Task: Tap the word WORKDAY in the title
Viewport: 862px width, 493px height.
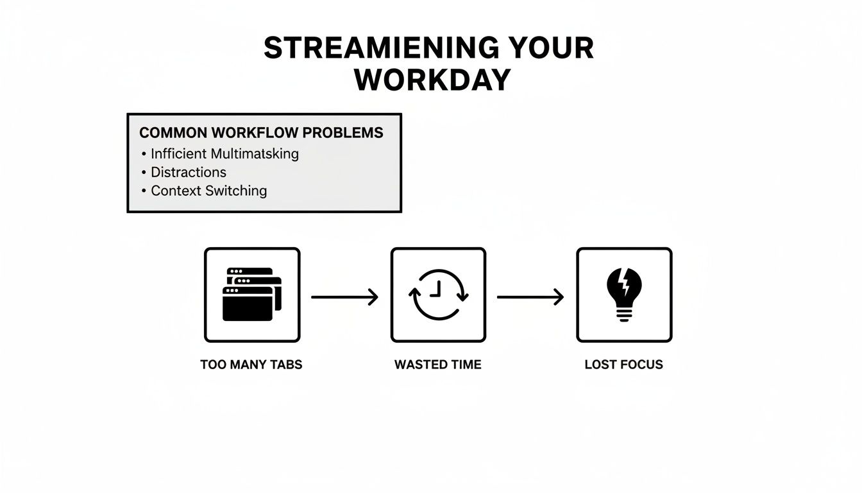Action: pyautogui.click(x=432, y=80)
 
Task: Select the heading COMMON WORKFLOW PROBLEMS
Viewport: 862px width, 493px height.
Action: pyautogui.click(x=261, y=133)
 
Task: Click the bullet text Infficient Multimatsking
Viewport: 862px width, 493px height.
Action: pyautogui.click(x=224, y=153)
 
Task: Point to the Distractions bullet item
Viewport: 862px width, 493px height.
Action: pyautogui.click(x=188, y=172)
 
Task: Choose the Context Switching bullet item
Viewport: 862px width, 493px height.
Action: pyautogui.click(x=208, y=191)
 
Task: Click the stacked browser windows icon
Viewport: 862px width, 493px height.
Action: pyautogui.click(x=251, y=295)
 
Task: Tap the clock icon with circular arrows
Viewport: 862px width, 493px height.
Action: pyautogui.click(x=438, y=295)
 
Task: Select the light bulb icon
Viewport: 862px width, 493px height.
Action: pyautogui.click(x=624, y=295)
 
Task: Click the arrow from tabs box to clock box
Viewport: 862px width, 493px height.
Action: pyautogui.click(x=344, y=297)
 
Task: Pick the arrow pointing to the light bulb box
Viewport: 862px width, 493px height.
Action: pyautogui.click(x=530, y=297)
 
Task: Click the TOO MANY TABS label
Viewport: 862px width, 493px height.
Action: pyautogui.click(x=251, y=365)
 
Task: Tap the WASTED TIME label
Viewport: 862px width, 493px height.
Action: pyautogui.click(x=437, y=365)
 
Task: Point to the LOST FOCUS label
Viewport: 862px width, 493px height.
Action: pyautogui.click(x=623, y=365)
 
